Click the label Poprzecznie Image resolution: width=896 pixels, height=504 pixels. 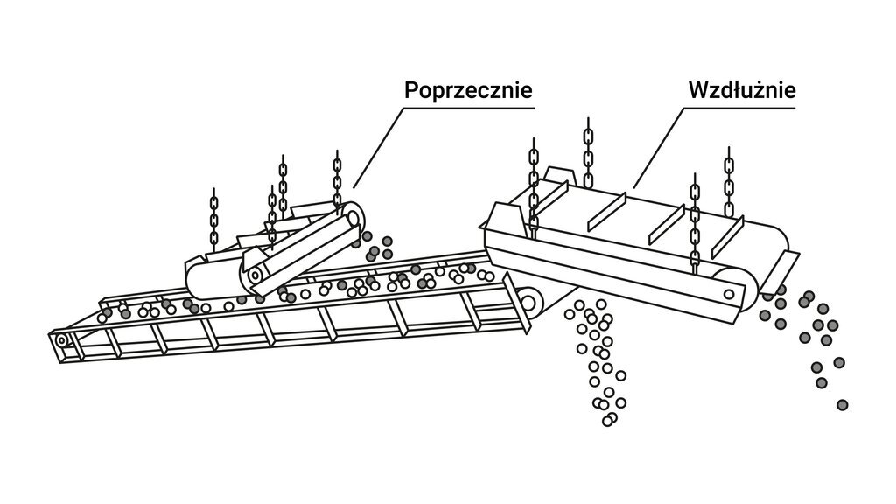click(x=468, y=90)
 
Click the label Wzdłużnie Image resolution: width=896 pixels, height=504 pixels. click(x=741, y=90)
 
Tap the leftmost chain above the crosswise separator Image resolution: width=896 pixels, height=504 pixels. click(x=214, y=219)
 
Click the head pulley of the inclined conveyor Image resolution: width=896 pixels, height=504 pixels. click(x=529, y=303)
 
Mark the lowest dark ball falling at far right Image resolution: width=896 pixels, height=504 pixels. click(x=842, y=404)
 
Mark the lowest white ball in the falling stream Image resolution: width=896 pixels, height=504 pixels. click(x=608, y=421)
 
